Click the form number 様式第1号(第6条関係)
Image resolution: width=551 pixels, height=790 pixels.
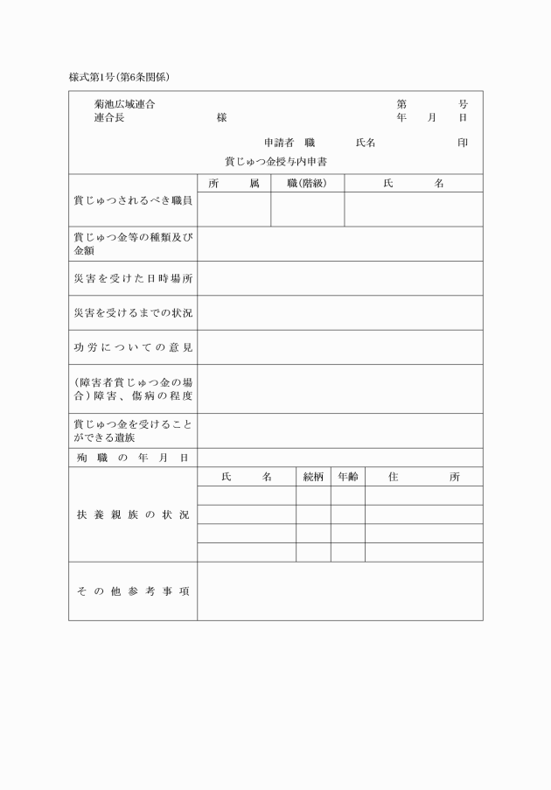point(119,77)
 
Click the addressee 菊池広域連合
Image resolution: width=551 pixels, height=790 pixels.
point(125,105)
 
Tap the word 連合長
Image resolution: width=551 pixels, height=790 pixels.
point(109,117)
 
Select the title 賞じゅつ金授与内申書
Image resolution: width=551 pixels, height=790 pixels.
point(275,162)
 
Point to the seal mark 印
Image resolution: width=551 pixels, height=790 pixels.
point(462,143)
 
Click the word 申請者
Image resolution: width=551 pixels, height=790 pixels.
point(278,143)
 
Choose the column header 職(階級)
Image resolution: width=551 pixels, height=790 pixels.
point(307,184)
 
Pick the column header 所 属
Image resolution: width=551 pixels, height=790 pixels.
point(234,184)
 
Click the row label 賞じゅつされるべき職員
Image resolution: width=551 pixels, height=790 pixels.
point(133,200)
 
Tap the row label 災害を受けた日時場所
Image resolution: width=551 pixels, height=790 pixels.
point(133,278)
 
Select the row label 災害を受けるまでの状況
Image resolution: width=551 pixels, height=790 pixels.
point(133,312)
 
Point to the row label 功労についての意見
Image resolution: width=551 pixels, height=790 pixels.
point(133,347)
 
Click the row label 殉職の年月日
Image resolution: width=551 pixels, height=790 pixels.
point(133,458)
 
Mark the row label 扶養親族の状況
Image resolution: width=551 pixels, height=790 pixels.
point(133,514)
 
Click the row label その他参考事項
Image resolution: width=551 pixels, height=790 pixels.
point(133,591)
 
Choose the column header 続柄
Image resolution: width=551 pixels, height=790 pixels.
point(313,477)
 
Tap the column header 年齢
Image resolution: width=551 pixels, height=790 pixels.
point(347,477)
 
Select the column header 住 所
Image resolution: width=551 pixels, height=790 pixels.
point(423,477)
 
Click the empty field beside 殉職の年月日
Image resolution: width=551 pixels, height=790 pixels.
point(339,458)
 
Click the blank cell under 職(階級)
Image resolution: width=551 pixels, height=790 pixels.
point(307,209)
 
